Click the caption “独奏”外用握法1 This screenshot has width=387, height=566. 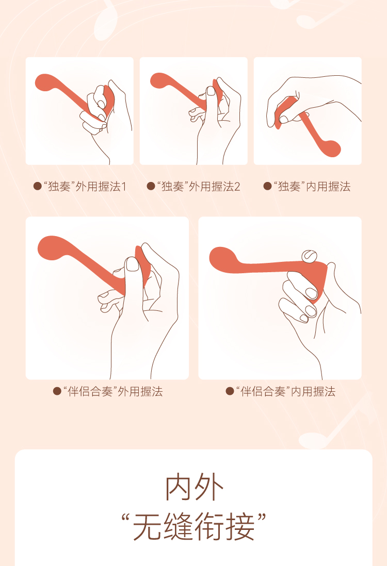tap(85, 187)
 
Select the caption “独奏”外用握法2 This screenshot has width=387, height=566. tap(198, 187)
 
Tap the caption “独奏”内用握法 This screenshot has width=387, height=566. tap(312, 187)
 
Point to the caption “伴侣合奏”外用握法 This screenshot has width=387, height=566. tap(112, 391)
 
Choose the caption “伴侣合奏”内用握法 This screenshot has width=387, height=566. tap(285, 391)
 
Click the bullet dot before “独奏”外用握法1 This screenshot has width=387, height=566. tap(37, 186)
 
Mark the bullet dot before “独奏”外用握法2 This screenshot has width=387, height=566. tap(151, 186)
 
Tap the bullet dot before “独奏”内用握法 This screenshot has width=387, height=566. tap(267, 186)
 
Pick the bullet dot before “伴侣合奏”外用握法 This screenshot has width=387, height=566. tap(57, 391)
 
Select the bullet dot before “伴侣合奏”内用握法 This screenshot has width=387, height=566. tap(230, 391)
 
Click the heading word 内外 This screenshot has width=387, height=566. tap(194, 488)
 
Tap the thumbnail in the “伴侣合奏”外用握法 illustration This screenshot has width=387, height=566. tap(132, 264)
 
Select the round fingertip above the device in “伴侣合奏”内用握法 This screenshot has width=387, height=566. tap(309, 256)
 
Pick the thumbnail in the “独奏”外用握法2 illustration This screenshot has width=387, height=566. tap(211, 91)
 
